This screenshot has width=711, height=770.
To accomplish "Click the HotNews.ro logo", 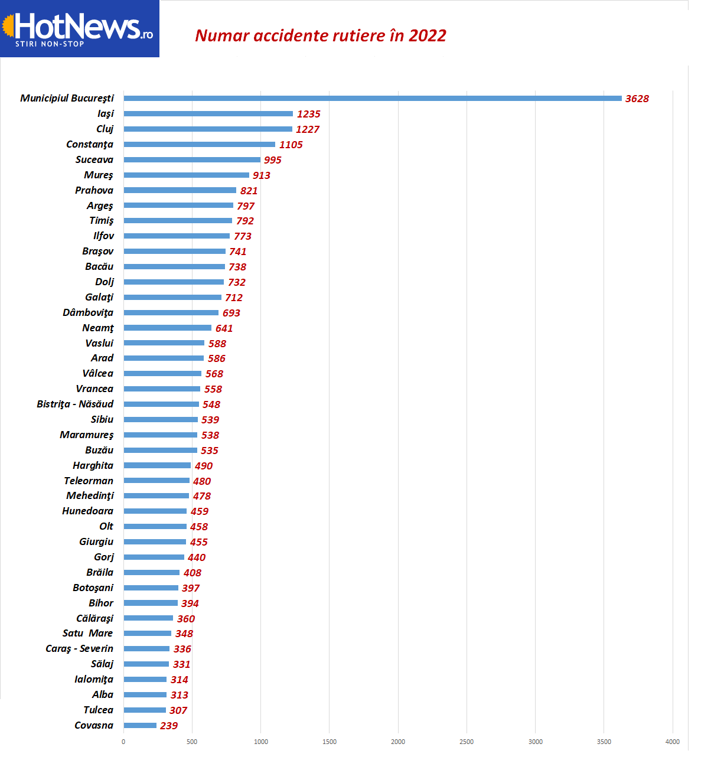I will pos(79,28).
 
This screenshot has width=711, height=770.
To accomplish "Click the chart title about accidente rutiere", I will pos(321,35).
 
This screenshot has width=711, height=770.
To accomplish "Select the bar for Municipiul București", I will pos(372,98).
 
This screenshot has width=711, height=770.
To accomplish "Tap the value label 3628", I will pos(637,99).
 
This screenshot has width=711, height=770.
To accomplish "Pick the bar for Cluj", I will pos(208,129).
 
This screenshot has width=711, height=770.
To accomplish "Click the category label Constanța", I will pos(90,144).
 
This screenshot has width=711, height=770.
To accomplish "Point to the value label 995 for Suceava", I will pos(272,160).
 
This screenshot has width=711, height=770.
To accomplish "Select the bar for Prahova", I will pos(180,190).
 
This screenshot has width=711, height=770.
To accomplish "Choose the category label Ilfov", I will pos(103,236).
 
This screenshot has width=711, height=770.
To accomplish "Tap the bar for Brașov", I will pos(174,251).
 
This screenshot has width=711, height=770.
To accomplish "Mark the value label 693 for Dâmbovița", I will pos(231,313).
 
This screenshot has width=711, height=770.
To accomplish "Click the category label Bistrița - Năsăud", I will pos(75,404).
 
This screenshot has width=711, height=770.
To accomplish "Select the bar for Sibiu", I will pos(161,419).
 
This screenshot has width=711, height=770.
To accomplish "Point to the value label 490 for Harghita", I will pos(203,466).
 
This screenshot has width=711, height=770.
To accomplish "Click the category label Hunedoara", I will pos(87,511).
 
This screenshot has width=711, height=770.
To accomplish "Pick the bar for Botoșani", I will pos(151,588).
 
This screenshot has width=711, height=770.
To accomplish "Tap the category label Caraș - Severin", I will pos(79,648).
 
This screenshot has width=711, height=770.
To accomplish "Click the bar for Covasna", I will pos(140,725).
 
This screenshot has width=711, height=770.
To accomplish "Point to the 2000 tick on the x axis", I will pos(398,742).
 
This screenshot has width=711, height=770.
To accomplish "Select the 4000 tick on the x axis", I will pos(672,742).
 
